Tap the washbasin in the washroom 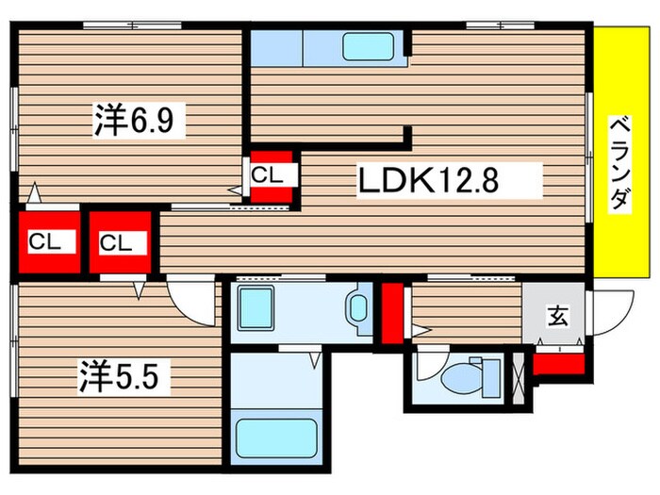[358, 309]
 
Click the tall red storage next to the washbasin [391, 313]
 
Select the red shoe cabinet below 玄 [558, 364]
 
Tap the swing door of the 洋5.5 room [193, 300]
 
